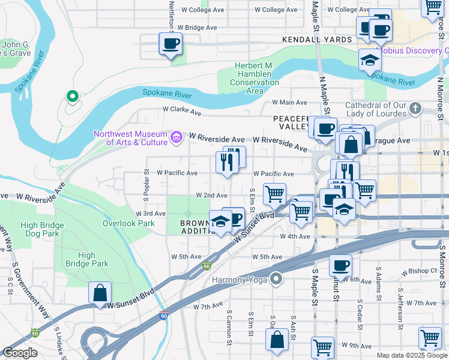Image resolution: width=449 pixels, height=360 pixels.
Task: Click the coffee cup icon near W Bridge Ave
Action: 170,44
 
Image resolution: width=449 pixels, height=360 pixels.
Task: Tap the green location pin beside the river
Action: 72,95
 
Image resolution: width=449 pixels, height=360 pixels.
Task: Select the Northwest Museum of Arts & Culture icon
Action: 176,138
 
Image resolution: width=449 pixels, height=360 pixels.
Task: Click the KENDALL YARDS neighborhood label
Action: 317,40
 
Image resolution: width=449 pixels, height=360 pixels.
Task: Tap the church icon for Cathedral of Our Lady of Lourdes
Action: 415,109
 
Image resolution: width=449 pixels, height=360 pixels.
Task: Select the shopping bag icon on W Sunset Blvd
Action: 100,293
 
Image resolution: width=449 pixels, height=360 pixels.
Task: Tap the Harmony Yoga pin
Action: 276,278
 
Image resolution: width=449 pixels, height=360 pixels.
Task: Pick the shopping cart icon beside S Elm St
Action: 274,193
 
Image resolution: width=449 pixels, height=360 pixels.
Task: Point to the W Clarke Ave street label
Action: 182,110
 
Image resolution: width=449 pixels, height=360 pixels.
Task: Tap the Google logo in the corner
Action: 20,353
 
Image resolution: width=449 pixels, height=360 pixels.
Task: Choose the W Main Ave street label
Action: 289,103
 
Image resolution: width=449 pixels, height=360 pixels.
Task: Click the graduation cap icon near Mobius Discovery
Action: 370,60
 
